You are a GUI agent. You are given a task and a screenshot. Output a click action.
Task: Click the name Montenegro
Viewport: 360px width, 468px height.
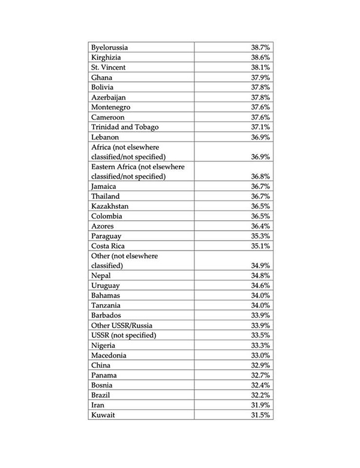click(x=111, y=107)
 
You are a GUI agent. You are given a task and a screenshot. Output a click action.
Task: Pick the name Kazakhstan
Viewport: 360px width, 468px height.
click(x=109, y=206)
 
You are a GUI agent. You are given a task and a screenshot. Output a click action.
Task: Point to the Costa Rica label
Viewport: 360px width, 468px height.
click(x=107, y=246)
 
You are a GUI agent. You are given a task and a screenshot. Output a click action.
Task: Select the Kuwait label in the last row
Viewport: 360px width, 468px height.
click(x=103, y=415)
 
